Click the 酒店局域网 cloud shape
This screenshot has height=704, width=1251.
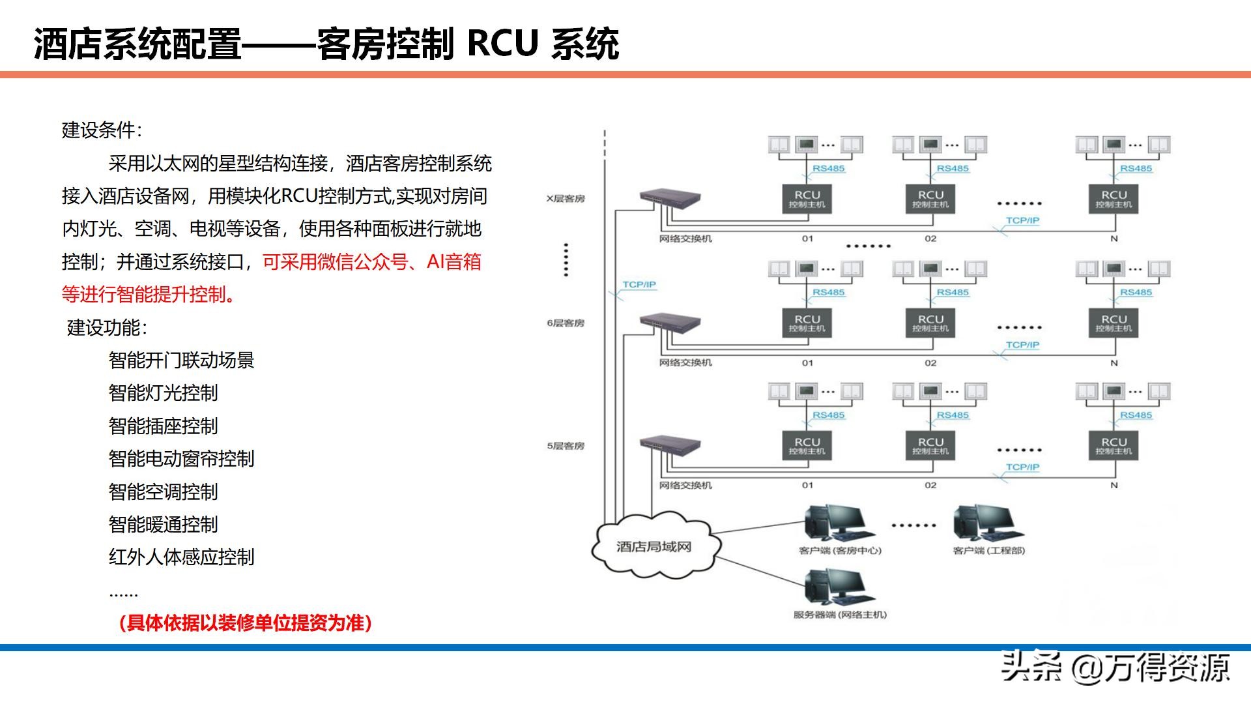[654, 546]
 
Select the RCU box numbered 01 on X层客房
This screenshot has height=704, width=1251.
[807, 199]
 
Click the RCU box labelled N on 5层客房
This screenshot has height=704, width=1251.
[1114, 446]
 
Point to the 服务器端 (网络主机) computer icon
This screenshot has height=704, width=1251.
[839, 587]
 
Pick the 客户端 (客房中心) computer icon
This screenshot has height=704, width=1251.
[839, 523]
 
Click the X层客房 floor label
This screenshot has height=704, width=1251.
[566, 199]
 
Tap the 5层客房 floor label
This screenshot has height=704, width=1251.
[566, 446]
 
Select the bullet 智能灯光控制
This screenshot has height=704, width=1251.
[164, 393]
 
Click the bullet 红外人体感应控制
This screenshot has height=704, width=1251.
[181, 557]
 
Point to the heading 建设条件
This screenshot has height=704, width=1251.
[102, 130]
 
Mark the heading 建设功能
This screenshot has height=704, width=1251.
[107, 327]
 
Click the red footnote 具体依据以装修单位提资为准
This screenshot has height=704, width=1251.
[246, 623]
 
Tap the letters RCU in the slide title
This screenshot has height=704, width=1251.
[502, 44]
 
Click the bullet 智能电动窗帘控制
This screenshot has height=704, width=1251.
[181, 459]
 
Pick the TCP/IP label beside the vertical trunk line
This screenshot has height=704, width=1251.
[639, 285]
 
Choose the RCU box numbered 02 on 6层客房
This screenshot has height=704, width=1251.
[930, 323]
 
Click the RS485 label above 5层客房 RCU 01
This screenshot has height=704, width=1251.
[828, 415]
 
